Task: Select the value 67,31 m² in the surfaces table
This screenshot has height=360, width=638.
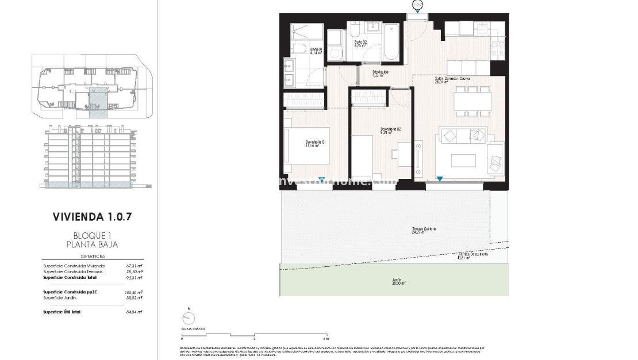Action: click(x=134, y=266)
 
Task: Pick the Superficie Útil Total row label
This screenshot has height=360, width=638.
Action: click(x=62, y=312)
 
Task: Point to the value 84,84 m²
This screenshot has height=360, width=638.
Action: click(x=134, y=312)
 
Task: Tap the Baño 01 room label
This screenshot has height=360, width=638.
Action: click(x=317, y=50)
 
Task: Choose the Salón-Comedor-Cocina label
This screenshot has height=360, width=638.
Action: click(x=452, y=80)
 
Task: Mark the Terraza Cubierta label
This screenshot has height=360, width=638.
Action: click(x=424, y=229)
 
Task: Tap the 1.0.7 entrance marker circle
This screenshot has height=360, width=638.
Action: click(x=418, y=5)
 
